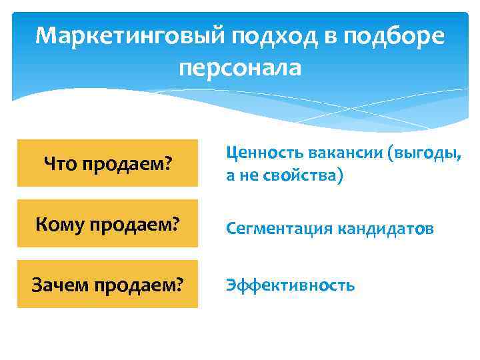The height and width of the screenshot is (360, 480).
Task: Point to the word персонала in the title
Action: point(240,67)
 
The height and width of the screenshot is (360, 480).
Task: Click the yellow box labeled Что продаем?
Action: point(107,163)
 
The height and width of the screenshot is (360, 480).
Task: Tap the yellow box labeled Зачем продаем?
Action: point(107,284)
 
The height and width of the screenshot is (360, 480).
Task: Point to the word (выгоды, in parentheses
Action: point(427,153)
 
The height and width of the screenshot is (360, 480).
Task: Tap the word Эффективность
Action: point(291,286)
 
